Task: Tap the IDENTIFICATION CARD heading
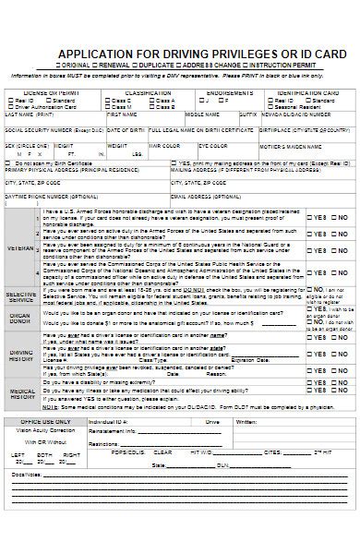[x=306, y=93]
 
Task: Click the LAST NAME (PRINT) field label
[x=29, y=114]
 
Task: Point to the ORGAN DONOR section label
[x=21, y=317]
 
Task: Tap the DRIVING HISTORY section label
[x=21, y=355]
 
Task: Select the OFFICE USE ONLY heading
[x=42, y=420]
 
